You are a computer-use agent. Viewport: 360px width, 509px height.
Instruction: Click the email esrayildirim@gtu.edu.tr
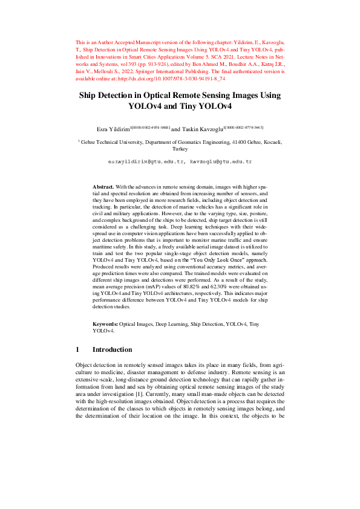pos(146,163)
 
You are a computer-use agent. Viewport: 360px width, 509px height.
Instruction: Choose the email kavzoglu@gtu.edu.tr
pos(221,163)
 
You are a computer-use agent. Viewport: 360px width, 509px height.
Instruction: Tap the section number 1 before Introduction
pos(77,349)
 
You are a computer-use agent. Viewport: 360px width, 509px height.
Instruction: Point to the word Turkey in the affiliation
pos(180,149)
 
